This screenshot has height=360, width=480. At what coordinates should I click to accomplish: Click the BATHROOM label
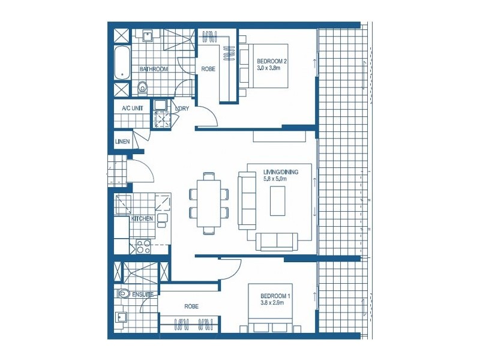(154, 70)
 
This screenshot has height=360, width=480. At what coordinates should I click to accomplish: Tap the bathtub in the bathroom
(122, 62)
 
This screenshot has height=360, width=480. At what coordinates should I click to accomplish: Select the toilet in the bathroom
(142, 89)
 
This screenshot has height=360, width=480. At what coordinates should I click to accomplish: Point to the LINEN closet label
(122, 142)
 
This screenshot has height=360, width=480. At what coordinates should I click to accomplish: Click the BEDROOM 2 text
(273, 61)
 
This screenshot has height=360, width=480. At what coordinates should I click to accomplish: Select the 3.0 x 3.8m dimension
(269, 68)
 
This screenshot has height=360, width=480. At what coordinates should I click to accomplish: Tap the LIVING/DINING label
(280, 172)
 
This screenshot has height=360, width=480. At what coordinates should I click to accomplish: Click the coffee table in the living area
(278, 201)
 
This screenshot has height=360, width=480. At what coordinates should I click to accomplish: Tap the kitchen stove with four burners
(143, 246)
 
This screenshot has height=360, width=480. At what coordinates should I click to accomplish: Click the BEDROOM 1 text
(276, 296)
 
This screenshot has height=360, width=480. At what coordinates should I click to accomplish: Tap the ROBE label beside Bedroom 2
(209, 69)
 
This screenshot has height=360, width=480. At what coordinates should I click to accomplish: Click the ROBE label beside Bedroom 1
(191, 307)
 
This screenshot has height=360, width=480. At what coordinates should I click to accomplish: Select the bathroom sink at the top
(147, 36)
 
